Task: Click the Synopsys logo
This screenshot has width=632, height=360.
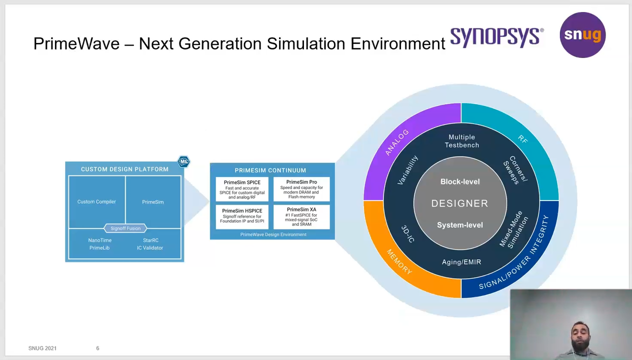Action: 497,37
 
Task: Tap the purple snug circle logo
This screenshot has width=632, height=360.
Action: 582,35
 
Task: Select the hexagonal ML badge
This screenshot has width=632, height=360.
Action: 183,161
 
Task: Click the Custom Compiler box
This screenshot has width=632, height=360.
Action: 97,201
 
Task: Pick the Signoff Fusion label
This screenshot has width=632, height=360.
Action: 125,228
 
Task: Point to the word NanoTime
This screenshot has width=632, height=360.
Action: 100,240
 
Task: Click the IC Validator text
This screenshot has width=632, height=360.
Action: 150,248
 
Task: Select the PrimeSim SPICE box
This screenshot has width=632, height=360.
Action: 242,189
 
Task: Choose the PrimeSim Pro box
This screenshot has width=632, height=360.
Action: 301,189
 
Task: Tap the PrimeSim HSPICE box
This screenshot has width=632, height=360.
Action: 242,216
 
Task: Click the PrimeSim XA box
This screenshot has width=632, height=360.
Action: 301,216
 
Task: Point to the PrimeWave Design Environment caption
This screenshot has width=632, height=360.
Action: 273,234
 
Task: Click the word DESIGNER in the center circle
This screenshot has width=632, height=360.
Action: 460,203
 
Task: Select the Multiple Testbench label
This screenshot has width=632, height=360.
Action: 462,141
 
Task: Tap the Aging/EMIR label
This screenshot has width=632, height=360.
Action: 461,262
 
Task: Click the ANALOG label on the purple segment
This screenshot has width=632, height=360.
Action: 397,142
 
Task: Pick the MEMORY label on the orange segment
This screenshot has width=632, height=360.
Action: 399,261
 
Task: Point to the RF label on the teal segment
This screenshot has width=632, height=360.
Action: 523,139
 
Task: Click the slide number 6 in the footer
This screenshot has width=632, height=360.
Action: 97,348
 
